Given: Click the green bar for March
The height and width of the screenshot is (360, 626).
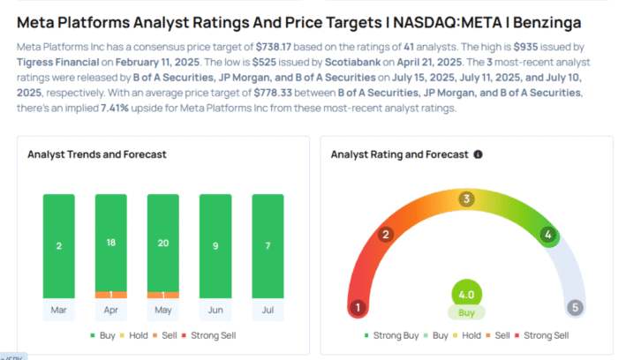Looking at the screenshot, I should click(x=59, y=245).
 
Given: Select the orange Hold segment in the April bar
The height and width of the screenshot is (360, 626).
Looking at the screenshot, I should click(x=112, y=294).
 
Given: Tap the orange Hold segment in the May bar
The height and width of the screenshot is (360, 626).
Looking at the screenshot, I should click(x=163, y=294).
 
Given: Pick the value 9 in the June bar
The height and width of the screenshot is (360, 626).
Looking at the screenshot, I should click(x=215, y=245).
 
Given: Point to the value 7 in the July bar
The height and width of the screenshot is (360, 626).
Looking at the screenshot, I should click(x=268, y=245).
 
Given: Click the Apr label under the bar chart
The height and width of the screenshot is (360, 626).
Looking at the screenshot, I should click(x=112, y=311).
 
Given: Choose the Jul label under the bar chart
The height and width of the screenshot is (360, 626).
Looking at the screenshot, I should click(x=268, y=311).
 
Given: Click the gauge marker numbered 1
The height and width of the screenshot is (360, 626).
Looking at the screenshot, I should click(x=358, y=308).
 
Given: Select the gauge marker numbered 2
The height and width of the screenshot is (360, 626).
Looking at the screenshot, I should click(x=385, y=235).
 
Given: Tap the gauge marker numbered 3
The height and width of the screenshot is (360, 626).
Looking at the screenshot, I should click(x=466, y=199).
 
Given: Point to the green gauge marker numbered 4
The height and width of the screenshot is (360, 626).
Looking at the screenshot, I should click(x=547, y=235).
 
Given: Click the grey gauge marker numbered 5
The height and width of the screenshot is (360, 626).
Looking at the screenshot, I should click(x=575, y=308).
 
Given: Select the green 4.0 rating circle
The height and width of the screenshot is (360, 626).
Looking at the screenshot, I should click(x=466, y=295).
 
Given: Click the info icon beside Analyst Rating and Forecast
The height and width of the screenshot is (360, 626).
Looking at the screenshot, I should click(x=479, y=154).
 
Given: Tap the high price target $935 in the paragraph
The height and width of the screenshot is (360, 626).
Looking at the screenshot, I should click(x=527, y=43).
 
